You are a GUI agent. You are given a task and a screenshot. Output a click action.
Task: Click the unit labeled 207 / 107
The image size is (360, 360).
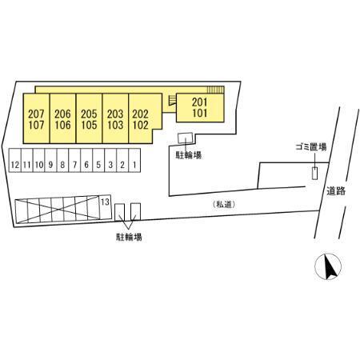coord(36,118)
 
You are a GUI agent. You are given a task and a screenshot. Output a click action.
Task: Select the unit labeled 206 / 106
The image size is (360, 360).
coord(62,118)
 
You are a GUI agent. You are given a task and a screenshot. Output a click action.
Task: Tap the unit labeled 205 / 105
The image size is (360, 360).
coord(89,118)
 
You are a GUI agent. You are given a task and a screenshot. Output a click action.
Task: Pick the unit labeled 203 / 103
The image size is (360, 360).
coord(115,118)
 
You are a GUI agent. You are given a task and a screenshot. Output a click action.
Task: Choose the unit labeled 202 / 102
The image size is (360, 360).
coord(141,118)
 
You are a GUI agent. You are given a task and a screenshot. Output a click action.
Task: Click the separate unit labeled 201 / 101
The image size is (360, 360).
coord(200,108)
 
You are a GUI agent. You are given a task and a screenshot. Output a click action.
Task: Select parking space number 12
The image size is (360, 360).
coord(15,161)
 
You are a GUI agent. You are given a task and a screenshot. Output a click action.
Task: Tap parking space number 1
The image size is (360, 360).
coord(134,161)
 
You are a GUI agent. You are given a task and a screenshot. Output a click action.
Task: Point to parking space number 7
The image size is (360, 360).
coord(74,161)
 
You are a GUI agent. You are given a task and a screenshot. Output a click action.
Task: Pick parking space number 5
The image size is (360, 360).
coord(98,161)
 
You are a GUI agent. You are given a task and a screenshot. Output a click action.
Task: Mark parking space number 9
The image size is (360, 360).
coord(50,161)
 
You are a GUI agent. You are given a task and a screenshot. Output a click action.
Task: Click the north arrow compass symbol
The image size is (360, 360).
coord(328,266)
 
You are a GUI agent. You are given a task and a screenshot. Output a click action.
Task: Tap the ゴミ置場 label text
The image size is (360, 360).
coord(311,146)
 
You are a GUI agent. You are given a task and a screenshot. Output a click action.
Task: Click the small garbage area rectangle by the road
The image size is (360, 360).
coord(315,173)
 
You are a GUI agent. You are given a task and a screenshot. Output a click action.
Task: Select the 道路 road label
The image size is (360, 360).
coord(336,190)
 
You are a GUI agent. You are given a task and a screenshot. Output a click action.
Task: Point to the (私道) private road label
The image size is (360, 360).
coord(224,205)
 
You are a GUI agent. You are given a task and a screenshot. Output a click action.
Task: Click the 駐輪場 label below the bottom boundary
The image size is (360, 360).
coord(129,237)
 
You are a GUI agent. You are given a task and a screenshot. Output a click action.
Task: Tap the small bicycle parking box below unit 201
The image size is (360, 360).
coord(185,138)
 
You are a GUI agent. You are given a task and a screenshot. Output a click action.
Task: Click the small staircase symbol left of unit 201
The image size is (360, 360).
coord(172,100)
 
